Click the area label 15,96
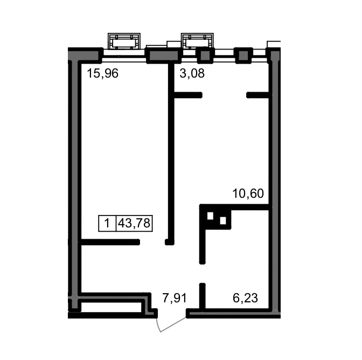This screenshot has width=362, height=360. (102, 73)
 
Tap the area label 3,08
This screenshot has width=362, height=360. (192, 73)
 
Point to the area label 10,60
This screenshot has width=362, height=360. (248, 193)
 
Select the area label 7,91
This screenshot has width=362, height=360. (175, 298)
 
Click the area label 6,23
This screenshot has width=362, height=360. (245, 298)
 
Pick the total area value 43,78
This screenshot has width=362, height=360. (134, 223)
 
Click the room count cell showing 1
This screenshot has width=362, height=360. (107, 223)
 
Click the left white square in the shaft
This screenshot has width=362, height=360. (210, 216)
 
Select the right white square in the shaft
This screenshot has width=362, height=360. (223, 221)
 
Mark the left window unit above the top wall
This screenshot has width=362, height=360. (124, 41)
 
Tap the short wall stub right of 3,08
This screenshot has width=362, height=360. (257, 95)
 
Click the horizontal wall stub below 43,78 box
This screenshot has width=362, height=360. (109, 242)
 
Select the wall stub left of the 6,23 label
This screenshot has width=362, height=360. (202, 296)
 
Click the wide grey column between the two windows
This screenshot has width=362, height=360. (164, 56)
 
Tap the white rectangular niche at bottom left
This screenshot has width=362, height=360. (112, 307)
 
